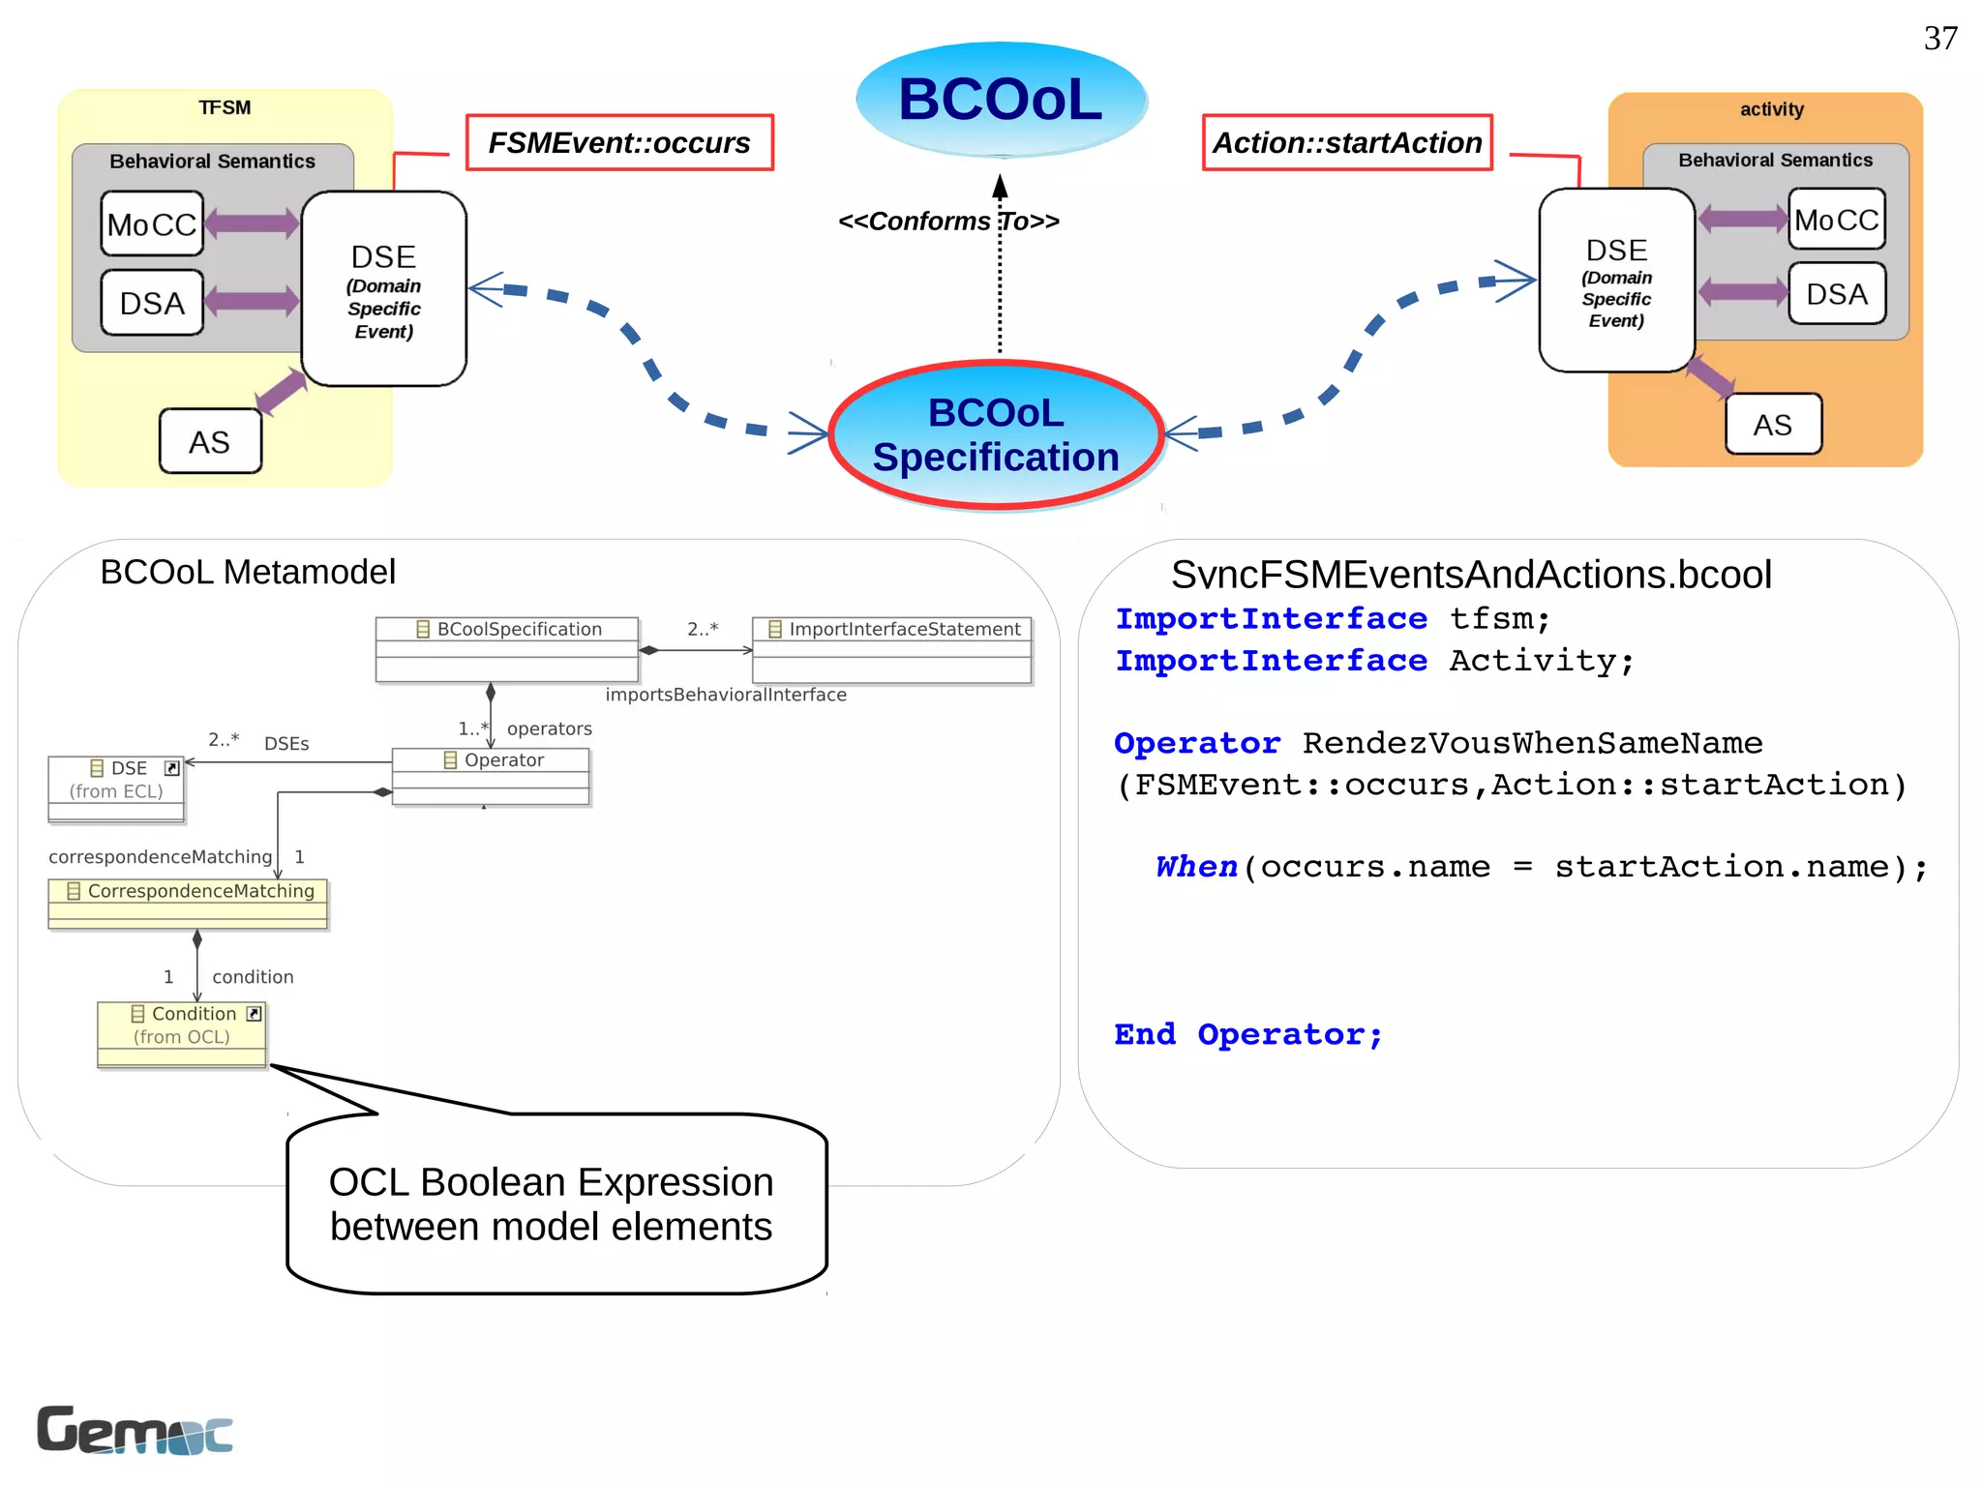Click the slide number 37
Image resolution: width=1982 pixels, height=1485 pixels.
[1939, 39]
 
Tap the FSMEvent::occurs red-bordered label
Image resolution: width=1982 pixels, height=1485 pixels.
[619, 143]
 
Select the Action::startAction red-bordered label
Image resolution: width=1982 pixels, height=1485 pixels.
[1347, 143]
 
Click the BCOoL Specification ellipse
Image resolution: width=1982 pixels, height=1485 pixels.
[996, 435]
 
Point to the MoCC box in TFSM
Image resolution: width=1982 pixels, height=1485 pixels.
[152, 224]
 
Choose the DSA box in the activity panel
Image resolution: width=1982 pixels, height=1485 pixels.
[1836, 294]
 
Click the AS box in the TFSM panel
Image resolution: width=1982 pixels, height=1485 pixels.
[210, 442]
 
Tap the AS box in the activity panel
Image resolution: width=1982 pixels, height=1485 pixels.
[1773, 425]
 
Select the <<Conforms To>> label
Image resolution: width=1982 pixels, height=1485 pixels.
[948, 222]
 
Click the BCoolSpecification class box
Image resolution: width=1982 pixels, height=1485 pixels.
[507, 649]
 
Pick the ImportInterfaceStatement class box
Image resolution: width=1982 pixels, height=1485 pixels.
[892, 649]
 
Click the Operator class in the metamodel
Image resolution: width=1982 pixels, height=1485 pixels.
[491, 775]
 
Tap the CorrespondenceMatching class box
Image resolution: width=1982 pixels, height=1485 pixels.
[189, 903]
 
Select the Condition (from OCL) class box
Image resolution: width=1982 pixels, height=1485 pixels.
[182, 1033]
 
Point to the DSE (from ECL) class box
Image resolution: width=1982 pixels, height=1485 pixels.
[116, 788]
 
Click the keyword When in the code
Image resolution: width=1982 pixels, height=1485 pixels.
[1196, 867]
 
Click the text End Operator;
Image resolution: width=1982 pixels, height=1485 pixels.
[1247, 1034]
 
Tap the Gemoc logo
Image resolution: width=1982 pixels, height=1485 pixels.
[135, 1430]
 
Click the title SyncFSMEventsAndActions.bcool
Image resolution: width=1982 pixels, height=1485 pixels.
[1470, 576]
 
